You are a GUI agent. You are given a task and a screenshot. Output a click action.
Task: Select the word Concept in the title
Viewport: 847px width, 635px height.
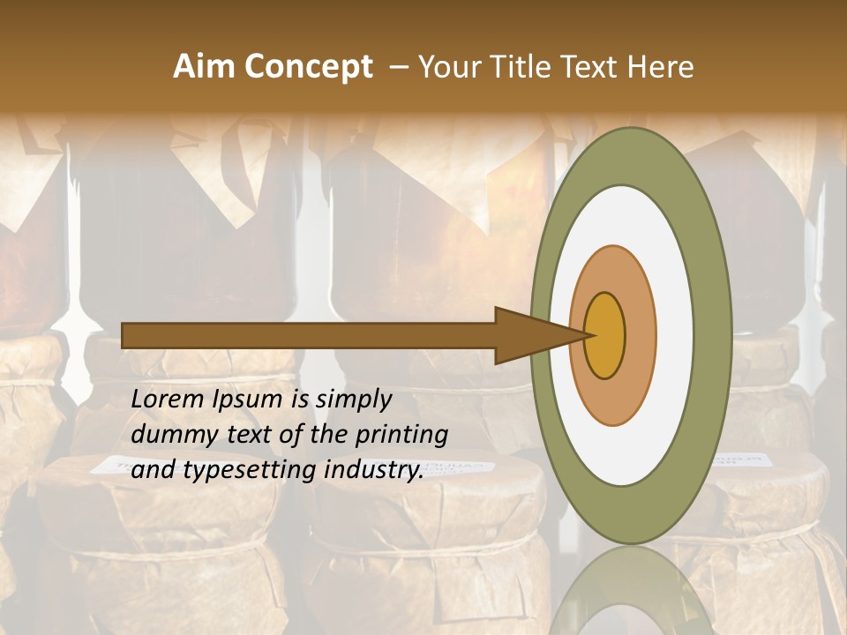point(309,67)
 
